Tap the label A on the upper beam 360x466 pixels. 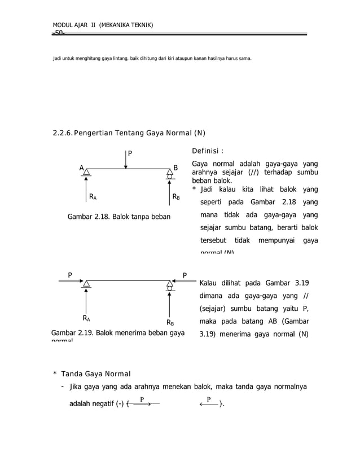click(x=81, y=168)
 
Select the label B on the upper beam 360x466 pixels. click(x=175, y=168)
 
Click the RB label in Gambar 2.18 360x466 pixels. click(x=176, y=197)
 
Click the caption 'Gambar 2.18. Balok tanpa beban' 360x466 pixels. click(x=118, y=216)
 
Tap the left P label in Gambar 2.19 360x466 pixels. click(x=70, y=275)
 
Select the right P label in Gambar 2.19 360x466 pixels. click(x=185, y=275)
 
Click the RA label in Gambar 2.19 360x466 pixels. click(x=87, y=319)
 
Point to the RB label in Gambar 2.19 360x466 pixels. click(x=170, y=323)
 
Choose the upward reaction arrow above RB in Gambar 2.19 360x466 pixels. click(x=169, y=305)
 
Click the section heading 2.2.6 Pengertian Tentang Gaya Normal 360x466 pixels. click(x=129, y=133)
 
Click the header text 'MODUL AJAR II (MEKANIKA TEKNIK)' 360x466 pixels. click(x=102, y=25)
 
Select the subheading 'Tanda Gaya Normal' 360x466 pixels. click(x=95, y=374)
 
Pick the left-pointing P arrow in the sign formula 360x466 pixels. click(x=209, y=403)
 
